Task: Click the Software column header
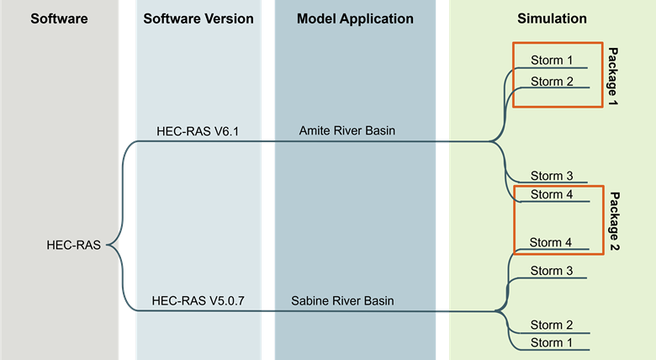point(59,19)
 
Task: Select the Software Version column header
point(198,19)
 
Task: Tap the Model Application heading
point(355,19)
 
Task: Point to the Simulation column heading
point(552,19)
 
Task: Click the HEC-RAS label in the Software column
point(74,246)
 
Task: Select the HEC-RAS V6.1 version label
point(198,131)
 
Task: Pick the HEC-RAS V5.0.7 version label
point(198,300)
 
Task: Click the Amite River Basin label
point(347,131)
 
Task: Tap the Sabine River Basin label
point(343,300)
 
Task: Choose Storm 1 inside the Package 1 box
point(552,61)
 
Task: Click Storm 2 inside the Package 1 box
point(552,82)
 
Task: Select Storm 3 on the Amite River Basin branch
point(552,176)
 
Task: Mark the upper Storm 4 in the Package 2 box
point(552,194)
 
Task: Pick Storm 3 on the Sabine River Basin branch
point(552,270)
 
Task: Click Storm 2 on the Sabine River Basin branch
point(552,325)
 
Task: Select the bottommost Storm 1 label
point(552,342)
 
